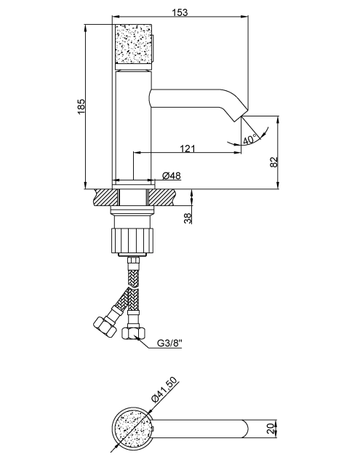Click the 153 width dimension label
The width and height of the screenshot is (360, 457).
tap(180, 12)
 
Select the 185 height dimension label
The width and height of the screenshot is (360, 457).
tap(81, 107)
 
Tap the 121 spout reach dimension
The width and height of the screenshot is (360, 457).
tap(187, 148)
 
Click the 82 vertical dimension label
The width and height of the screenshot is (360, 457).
tap(273, 162)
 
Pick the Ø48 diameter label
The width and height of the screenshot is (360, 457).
tap(171, 175)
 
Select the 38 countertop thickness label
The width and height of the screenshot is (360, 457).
tap(188, 218)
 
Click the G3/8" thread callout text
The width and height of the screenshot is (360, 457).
tap(169, 343)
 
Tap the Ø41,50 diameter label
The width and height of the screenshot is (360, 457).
tap(164, 389)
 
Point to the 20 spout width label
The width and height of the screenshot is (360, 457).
tap(271, 429)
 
